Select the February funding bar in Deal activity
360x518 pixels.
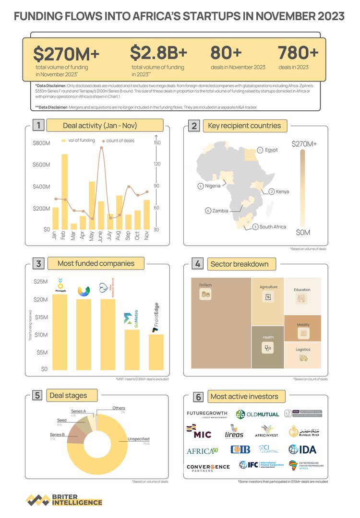(64, 191)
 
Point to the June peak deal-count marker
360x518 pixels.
(101, 148)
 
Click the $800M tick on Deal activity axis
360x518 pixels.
(42, 143)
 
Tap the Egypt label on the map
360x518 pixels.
(271, 150)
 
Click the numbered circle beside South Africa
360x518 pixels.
(255, 226)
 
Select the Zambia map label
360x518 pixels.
(220, 211)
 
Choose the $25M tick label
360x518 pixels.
(40, 283)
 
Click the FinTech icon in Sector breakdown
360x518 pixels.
(205, 294)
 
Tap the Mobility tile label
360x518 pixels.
(303, 325)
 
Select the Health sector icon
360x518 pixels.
(268, 349)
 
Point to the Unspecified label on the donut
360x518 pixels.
(139, 438)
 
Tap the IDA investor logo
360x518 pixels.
(302, 449)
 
